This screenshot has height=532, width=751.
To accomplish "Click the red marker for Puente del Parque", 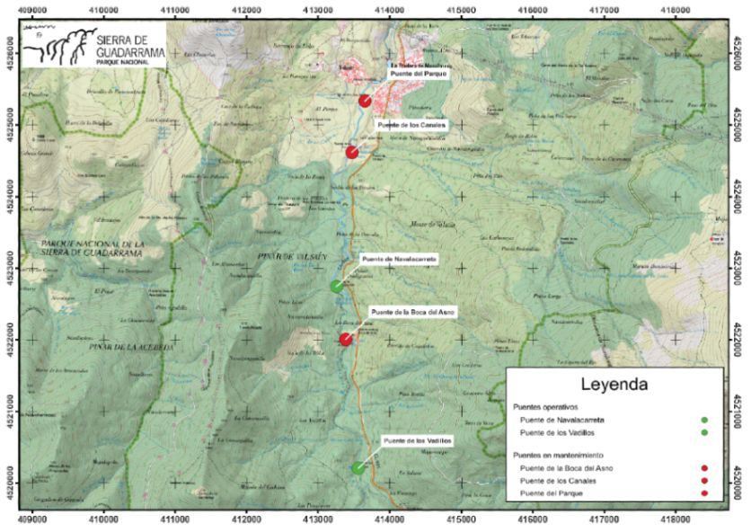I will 365,101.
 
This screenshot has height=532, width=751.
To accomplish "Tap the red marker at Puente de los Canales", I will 352,152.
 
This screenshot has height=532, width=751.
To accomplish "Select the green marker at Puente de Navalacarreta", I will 336,287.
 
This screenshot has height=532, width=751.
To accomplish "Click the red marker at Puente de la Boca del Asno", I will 346,339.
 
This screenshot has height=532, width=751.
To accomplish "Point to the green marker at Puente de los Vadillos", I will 358,467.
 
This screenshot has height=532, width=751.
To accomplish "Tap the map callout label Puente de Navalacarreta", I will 399,259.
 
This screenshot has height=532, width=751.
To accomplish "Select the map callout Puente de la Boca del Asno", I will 413,311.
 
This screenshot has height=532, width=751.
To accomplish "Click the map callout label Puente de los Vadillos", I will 414,440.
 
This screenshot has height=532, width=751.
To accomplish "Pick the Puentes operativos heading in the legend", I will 549,407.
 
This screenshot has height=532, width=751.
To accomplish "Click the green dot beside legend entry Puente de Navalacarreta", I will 705,420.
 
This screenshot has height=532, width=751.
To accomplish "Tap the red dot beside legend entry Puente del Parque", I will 705,493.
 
